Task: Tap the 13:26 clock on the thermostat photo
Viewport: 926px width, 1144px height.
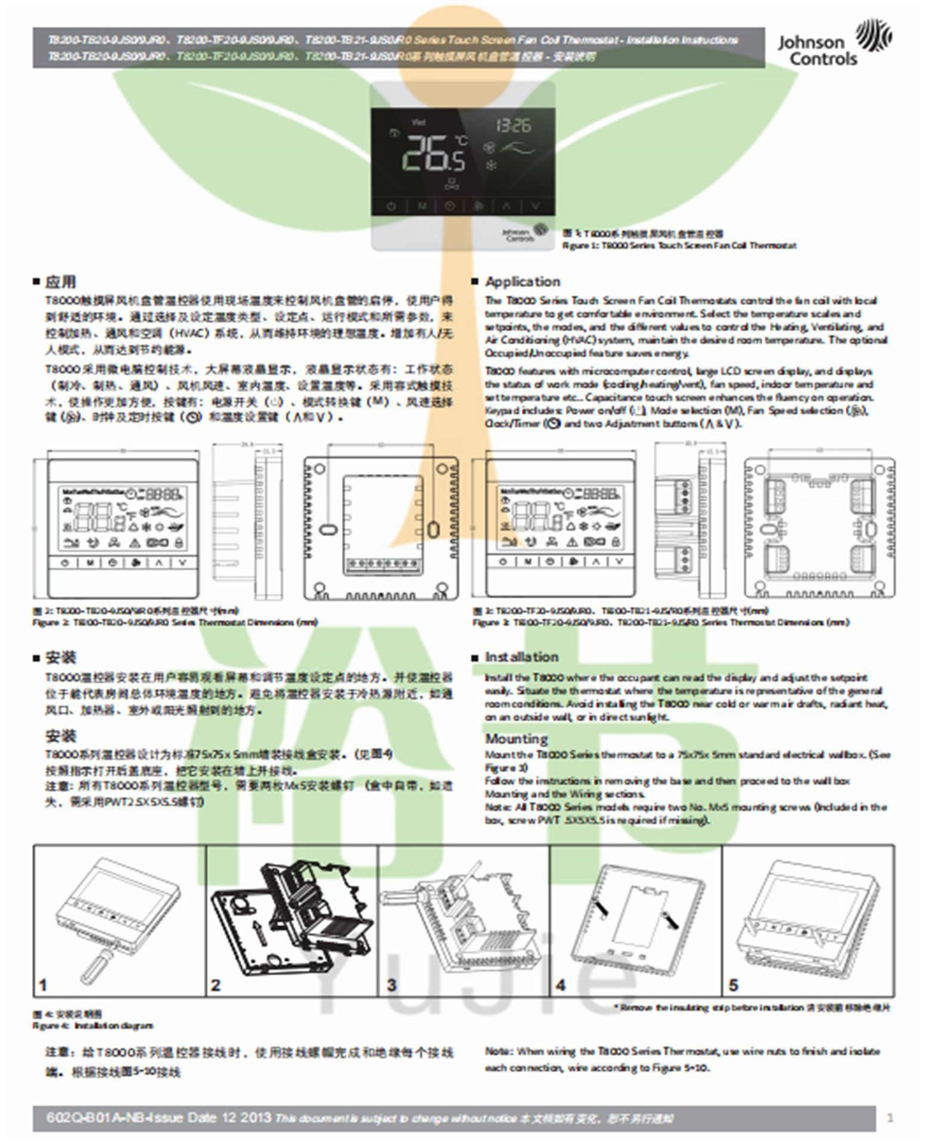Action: (x=513, y=126)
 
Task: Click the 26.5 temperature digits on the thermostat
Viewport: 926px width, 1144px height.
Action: (x=433, y=153)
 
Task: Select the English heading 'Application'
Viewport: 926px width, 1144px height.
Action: (x=523, y=281)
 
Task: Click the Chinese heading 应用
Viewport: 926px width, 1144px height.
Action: (x=60, y=281)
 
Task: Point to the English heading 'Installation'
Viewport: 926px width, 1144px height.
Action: (x=521, y=657)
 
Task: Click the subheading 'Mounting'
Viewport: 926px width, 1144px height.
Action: (x=516, y=739)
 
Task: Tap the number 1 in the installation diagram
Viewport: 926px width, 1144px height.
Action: (x=42, y=985)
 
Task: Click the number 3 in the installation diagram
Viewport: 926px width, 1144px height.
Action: (x=391, y=985)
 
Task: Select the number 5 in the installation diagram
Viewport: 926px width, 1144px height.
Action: (x=734, y=985)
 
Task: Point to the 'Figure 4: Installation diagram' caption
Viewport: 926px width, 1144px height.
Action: (x=92, y=1025)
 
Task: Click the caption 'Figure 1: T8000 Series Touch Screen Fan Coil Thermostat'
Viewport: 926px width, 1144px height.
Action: (x=679, y=245)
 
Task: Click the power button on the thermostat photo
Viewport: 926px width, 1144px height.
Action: (x=391, y=206)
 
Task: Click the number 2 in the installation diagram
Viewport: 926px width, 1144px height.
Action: (x=215, y=985)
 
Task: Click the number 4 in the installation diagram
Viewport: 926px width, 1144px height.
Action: (x=560, y=985)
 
